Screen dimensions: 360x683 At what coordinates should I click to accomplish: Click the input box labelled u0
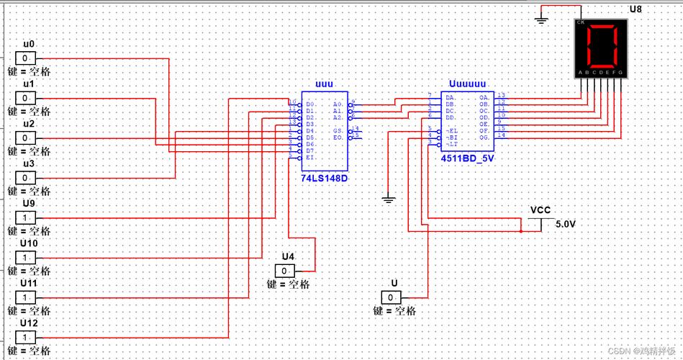pos(25,58)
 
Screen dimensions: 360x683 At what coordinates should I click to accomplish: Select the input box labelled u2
pos(25,138)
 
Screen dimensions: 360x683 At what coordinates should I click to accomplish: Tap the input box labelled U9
pos(25,217)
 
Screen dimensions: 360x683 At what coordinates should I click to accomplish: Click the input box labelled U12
pos(25,337)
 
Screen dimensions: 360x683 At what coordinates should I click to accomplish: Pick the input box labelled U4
pos(285,271)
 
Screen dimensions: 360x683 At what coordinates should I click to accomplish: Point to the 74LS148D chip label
pos(324,177)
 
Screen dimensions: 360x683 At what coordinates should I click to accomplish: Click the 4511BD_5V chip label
pos(468,156)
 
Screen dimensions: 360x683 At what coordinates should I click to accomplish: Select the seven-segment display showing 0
pos(601,48)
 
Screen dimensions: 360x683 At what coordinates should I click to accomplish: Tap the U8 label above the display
pos(635,9)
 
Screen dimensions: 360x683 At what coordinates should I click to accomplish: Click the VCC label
pos(540,210)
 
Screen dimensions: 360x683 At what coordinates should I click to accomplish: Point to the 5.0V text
pos(566,224)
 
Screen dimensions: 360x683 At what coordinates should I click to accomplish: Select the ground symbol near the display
pos(542,19)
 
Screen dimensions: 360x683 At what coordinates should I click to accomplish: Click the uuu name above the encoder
pos(324,84)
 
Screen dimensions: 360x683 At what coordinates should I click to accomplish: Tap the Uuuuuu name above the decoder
pos(467,84)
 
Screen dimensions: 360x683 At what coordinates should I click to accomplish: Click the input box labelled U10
pos(25,257)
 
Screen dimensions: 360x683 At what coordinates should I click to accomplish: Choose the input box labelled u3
pos(25,177)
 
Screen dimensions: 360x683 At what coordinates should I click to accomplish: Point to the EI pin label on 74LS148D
pos(310,157)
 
